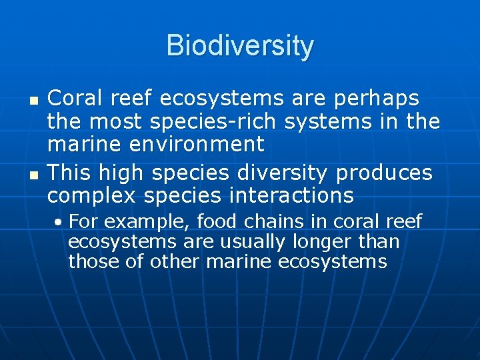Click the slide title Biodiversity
(x=240, y=46)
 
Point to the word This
(x=71, y=173)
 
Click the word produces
(x=385, y=173)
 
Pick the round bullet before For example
(x=60, y=222)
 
